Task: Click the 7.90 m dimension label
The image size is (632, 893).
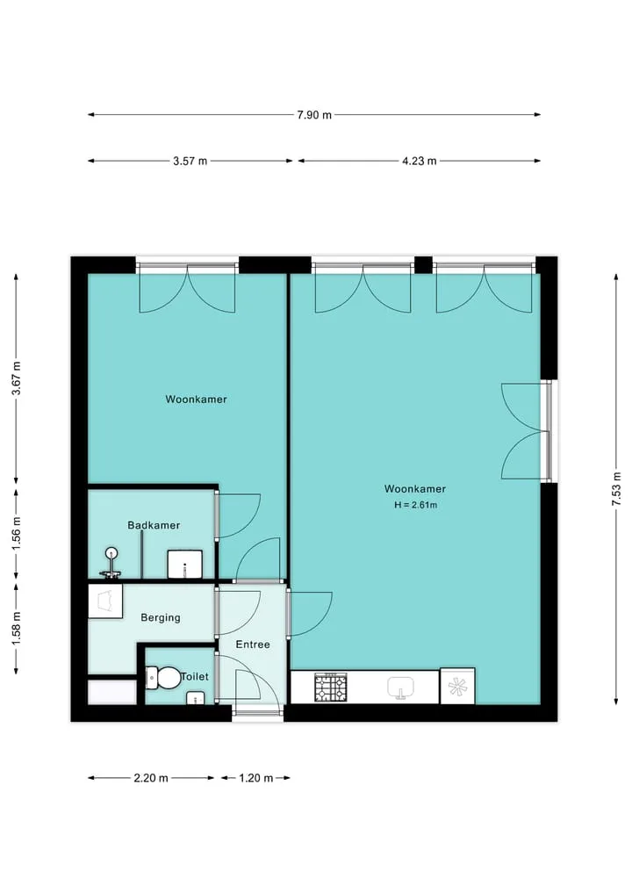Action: pyautogui.click(x=313, y=115)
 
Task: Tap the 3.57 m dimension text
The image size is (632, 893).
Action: pyautogui.click(x=190, y=162)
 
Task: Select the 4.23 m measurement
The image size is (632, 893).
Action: pyautogui.click(x=419, y=162)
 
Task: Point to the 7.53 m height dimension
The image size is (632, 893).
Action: pyautogui.click(x=616, y=488)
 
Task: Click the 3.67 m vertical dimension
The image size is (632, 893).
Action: pyautogui.click(x=17, y=378)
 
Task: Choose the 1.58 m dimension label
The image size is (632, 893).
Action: pyautogui.click(x=17, y=628)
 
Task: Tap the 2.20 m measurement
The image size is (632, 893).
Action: pyautogui.click(x=151, y=778)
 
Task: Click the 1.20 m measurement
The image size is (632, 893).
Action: pyautogui.click(x=255, y=778)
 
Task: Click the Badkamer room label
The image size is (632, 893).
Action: pyautogui.click(x=154, y=525)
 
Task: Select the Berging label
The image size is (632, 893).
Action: pyautogui.click(x=161, y=617)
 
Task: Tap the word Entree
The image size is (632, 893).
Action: pyautogui.click(x=253, y=645)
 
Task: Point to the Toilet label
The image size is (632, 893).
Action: pyautogui.click(x=195, y=677)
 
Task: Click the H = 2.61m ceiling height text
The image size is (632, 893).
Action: pyautogui.click(x=416, y=505)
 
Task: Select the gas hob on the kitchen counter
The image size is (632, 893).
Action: pyautogui.click(x=331, y=688)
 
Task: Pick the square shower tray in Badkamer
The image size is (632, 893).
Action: pyautogui.click(x=185, y=564)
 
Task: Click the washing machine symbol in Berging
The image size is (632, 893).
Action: pyautogui.click(x=105, y=601)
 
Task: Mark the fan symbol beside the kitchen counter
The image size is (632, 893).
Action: pyautogui.click(x=457, y=687)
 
